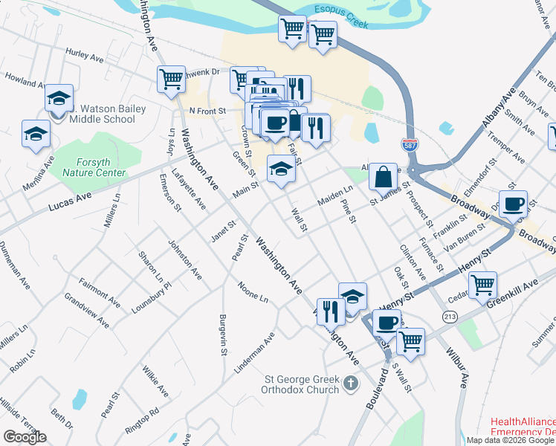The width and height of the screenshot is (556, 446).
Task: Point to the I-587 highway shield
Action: pyautogui.click(x=409, y=146)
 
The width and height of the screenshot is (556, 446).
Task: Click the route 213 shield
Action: pyautogui.click(x=450, y=317)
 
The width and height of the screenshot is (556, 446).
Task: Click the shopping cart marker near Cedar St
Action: pyautogui.click(x=482, y=283)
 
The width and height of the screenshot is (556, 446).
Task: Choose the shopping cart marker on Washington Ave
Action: pyautogui.click(x=171, y=79)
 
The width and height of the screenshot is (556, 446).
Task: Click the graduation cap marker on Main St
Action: pyautogui.click(x=280, y=170)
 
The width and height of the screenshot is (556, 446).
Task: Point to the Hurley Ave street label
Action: pyautogui.click(x=84, y=55)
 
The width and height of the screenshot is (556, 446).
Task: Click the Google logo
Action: pyautogui.click(x=25, y=437)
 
